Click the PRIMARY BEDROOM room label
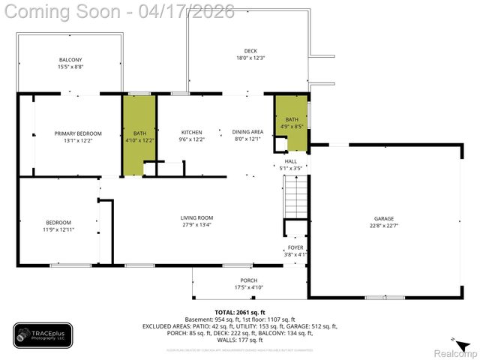[x=78, y=133]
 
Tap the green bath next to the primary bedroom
[x=139, y=135]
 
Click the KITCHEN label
[x=192, y=132]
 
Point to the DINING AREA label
[x=247, y=132]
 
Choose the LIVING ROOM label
[x=196, y=217]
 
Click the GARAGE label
[x=384, y=219]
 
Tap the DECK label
[x=250, y=51]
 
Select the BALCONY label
[x=70, y=60]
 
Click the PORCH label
[x=248, y=280]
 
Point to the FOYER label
[x=295, y=247]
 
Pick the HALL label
[x=291, y=161]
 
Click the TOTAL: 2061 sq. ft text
[x=240, y=312]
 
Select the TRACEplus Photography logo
[x=43, y=335]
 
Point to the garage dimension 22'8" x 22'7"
[x=384, y=225]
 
